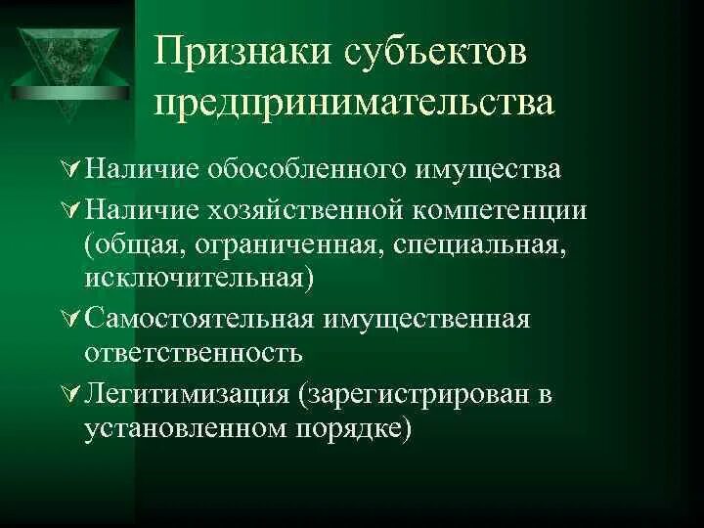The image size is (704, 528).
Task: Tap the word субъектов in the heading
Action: (x=431, y=55)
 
